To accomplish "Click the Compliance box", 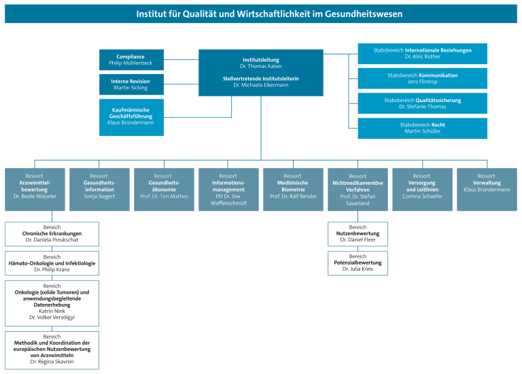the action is pos(131,60).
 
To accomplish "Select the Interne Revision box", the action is pos(131,84).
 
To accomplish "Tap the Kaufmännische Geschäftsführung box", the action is pos(131,117).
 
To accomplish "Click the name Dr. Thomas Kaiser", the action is pos(261,66).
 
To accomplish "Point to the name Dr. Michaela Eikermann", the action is pos(261,85).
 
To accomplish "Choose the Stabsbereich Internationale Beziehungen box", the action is pos(423,54).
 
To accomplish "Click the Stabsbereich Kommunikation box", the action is pos(423,79).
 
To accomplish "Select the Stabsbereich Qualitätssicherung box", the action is pos(423,103).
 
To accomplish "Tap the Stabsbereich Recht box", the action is pos(423,129).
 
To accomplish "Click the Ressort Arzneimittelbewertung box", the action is pos(35,190).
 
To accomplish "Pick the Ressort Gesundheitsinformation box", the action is pos(99,190).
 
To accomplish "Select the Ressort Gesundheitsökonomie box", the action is pos(164,190).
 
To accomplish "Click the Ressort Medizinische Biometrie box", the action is pos(294,190).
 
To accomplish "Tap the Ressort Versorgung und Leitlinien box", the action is pos(423,190).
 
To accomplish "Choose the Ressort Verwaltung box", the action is pos(487,190).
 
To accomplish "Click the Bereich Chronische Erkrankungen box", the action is pos(52,234).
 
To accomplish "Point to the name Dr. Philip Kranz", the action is pos(52,269).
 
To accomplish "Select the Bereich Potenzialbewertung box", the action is pos(358,263).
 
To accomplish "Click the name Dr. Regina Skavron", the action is pos(52,362).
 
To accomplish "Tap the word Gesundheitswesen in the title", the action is pos(364,14).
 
